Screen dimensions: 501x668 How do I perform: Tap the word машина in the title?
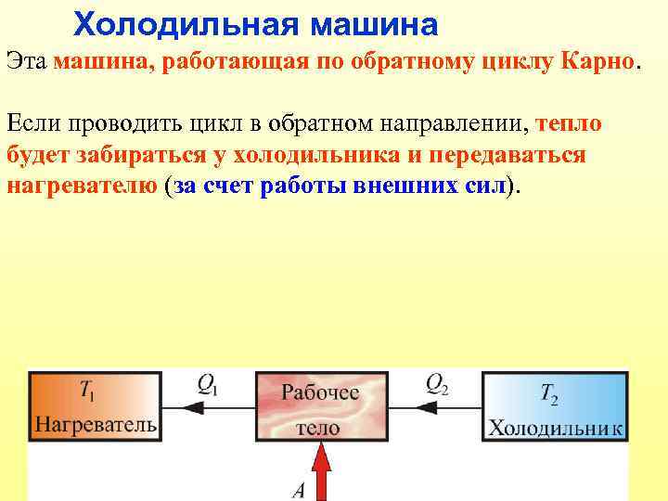(x=373, y=21)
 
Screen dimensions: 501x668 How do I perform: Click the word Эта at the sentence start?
(x=27, y=62)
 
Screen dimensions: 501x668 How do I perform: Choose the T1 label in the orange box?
(x=86, y=392)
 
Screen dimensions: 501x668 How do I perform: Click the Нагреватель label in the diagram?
(x=96, y=426)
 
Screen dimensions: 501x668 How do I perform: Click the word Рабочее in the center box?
(x=320, y=393)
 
